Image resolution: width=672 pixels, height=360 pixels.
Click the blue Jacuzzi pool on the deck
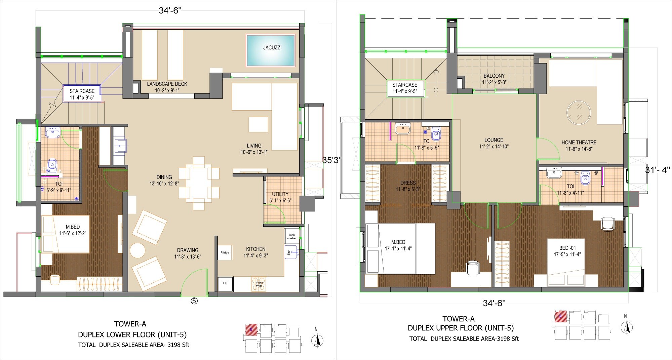point(271,50)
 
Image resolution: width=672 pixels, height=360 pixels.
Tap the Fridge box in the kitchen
point(225,252)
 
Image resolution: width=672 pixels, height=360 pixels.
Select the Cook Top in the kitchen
point(259,284)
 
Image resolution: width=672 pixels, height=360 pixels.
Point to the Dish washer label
point(292,237)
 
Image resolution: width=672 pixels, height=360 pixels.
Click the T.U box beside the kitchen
point(225,283)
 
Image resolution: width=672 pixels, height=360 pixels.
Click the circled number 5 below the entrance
point(194,301)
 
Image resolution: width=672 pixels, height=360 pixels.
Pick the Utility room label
point(280,197)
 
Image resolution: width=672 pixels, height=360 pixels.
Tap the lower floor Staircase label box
point(82,94)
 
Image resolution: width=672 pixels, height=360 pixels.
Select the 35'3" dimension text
point(331,160)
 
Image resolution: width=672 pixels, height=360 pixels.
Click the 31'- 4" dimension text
point(657,170)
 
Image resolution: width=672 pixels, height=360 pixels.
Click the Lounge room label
point(494,143)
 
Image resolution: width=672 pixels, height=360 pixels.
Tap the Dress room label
point(408,186)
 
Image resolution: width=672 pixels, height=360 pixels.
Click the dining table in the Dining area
point(199,183)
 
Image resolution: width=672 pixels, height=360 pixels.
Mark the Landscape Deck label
point(167,87)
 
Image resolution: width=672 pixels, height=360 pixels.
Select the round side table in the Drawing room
point(137,250)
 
